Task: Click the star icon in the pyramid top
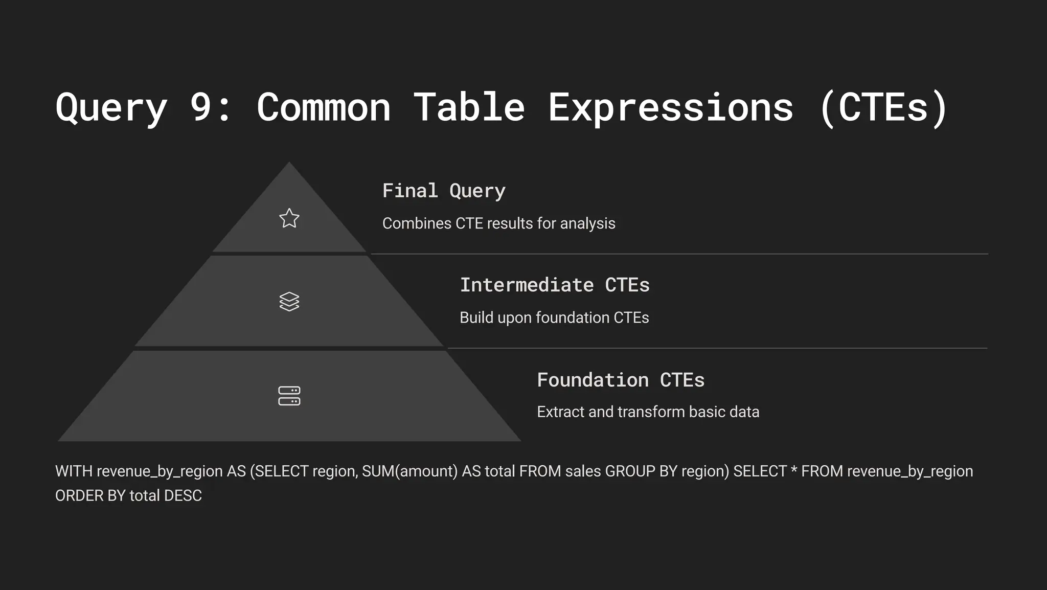click(289, 218)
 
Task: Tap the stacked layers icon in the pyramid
click(289, 302)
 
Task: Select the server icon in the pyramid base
click(289, 396)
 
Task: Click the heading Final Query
click(444, 191)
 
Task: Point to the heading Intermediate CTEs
click(555, 285)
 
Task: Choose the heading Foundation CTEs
click(621, 380)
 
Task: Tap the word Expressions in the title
click(671, 107)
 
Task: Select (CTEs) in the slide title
click(883, 107)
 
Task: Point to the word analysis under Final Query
click(587, 223)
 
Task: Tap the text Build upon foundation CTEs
click(554, 317)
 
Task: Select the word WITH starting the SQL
click(74, 471)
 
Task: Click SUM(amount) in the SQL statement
click(409, 471)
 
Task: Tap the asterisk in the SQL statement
click(794, 470)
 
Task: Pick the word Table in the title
click(469, 107)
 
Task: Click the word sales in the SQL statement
click(583, 471)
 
